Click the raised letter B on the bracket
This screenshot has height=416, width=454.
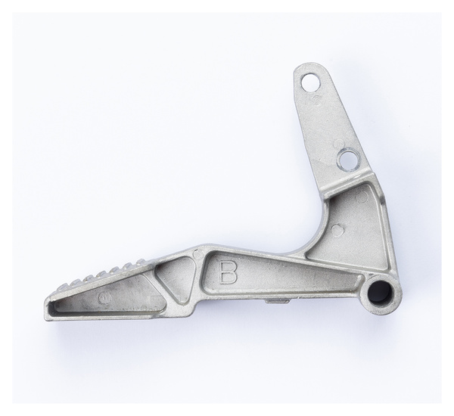coord(226,271)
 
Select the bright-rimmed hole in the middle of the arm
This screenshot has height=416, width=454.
coord(348,160)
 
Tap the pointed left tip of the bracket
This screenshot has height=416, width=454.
coord(48,312)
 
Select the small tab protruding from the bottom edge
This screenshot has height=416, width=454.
coord(278,301)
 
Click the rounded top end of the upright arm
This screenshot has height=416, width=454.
coord(307,68)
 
